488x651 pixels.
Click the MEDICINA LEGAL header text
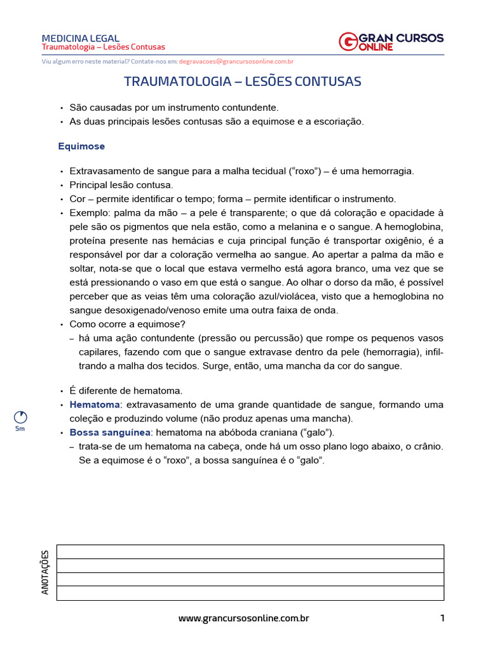80,38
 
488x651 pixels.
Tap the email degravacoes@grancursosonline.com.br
236,62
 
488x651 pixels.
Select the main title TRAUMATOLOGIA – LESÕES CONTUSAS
242,81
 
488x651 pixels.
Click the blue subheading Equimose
81,146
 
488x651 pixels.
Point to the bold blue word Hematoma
95,404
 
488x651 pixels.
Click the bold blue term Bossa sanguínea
110,432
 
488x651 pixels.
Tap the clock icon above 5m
20,417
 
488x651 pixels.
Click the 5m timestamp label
20,430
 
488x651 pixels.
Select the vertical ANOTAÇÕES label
45,572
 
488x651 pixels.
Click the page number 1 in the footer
442,618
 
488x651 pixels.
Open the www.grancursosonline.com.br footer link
243,618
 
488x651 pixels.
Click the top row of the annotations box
250,551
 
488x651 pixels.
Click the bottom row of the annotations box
250,593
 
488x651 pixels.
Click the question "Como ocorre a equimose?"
123,324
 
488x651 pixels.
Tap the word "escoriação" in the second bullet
340,122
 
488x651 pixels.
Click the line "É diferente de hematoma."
125,390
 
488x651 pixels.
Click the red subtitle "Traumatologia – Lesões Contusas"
103,47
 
